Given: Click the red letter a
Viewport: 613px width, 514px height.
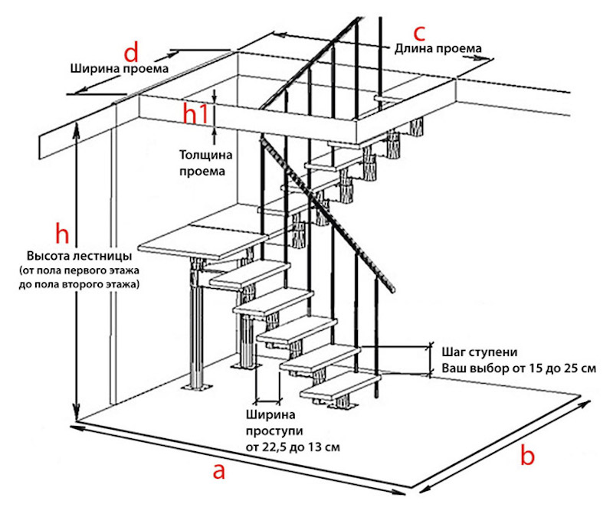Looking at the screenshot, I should [x=219, y=471].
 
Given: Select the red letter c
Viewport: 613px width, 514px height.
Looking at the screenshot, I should [x=419, y=33].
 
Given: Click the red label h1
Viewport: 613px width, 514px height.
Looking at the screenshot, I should [x=195, y=113].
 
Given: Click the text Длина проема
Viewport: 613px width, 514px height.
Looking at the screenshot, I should [x=438, y=49].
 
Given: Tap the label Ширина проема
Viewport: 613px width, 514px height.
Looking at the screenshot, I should [x=118, y=69].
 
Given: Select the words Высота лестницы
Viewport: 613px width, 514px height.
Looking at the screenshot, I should [x=80, y=255].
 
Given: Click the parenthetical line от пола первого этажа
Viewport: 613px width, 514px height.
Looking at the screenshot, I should [x=78, y=270].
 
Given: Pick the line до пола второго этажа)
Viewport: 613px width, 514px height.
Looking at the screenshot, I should [x=80, y=284].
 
